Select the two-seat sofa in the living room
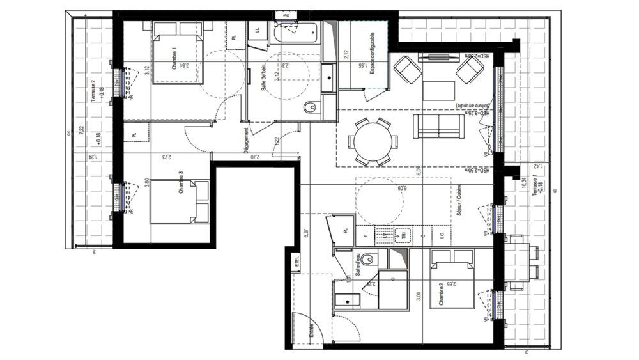(x=438, y=126)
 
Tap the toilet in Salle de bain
(x=311, y=108)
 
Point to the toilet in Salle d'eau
(x=372, y=259)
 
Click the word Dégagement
(x=246, y=136)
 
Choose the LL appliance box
(x=257, y=30)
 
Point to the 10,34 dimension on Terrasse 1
(x=525, y=182)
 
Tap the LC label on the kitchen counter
(x=442, y=236)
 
